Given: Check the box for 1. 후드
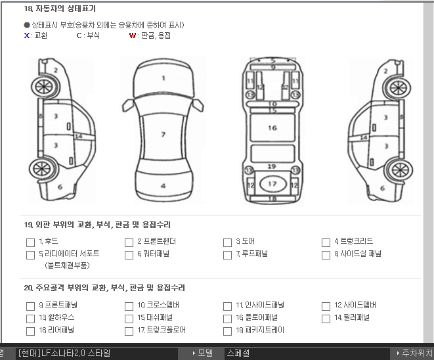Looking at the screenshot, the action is [30, 242].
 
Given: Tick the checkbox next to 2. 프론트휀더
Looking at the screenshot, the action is [129, 242].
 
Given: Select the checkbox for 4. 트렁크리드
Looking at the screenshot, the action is [326, 242].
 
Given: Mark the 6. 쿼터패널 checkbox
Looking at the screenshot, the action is [129, 255].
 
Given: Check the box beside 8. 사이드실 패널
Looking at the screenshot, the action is [326, 255].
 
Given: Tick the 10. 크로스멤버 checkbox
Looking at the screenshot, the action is [129, 306].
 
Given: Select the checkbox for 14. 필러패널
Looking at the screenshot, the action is [326, 319].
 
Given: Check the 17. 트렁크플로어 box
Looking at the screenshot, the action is [129, 331].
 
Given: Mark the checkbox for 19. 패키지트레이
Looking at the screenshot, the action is [227, 331].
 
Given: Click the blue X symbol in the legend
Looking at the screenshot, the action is [26, 35].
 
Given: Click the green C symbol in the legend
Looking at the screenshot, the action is [79, 35].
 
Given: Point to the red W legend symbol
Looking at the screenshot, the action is [133, 35].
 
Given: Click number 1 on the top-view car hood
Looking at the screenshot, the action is [163, 78].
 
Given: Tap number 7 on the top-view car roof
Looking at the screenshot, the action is [163, 135].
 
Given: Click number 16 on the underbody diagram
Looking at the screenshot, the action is [272, 128].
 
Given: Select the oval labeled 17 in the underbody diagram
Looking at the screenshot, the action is [272, 183].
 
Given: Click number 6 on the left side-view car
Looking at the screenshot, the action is [60, 187].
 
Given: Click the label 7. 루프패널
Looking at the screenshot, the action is [252, 254].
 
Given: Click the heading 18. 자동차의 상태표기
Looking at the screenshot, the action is [60, 9].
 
